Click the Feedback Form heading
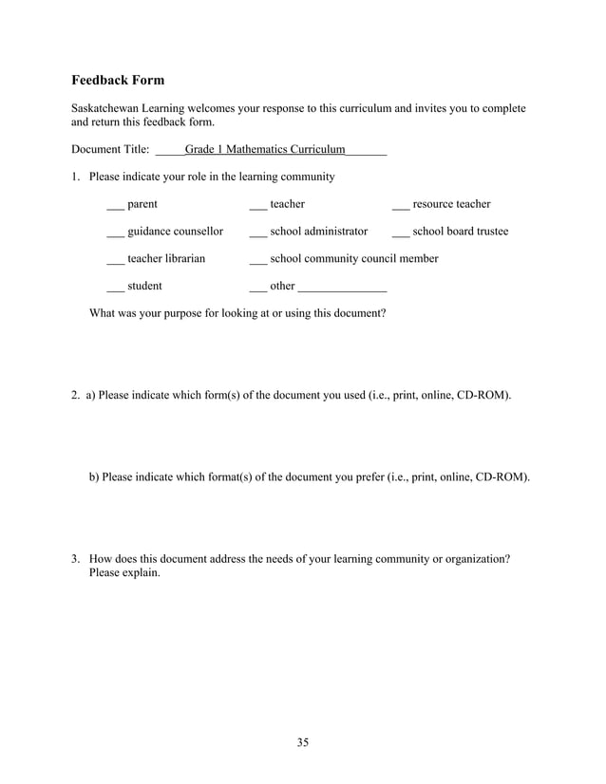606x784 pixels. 118,80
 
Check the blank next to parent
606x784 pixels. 115,206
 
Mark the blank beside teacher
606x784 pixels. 257,206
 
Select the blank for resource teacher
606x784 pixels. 400,206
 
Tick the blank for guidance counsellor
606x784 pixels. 115,233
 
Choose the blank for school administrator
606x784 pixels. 257,233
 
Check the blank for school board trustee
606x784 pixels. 400,233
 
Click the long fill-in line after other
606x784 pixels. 342,289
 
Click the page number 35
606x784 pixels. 302,742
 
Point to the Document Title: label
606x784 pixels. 110,149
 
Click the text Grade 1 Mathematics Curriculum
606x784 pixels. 265,149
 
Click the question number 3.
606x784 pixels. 75,559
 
